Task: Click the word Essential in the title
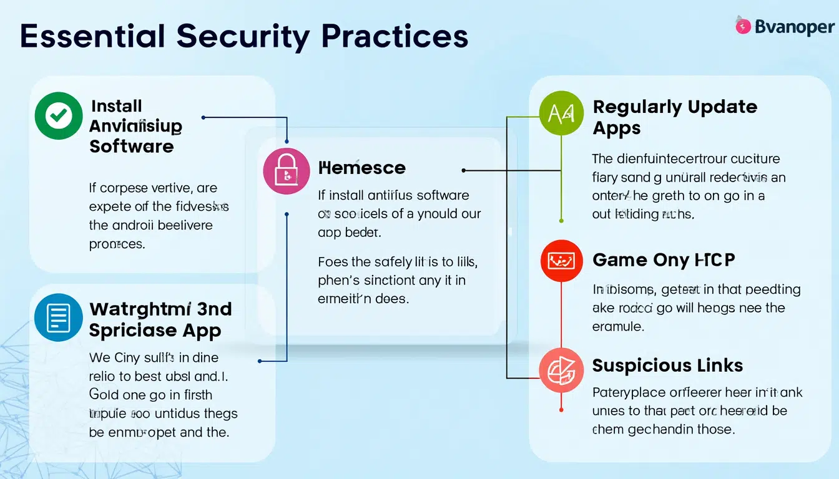(93, 37)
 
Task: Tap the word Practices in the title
(395, 37)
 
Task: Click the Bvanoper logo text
(794, 27)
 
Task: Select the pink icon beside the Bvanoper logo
(743, 26)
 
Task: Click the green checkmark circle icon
(58, 115)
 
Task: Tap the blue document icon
(58, 318)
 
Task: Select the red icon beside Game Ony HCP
(561, 260)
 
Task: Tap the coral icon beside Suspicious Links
(561, 370)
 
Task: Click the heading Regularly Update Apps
(674, 117)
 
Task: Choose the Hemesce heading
(361, 168)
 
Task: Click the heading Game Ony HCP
(663, 260)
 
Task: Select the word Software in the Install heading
(131, 147)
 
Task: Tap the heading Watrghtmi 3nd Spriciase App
(160, 319)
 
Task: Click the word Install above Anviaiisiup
(116, 106)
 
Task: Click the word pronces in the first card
(117, 244)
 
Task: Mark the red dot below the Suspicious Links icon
(561, 410)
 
